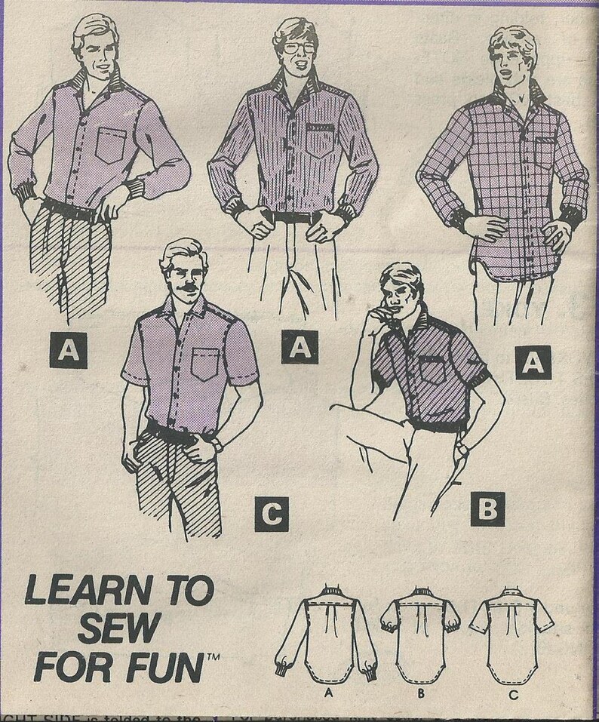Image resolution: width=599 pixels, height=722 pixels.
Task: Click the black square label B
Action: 487,508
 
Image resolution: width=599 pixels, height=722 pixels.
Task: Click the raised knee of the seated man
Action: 347,413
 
